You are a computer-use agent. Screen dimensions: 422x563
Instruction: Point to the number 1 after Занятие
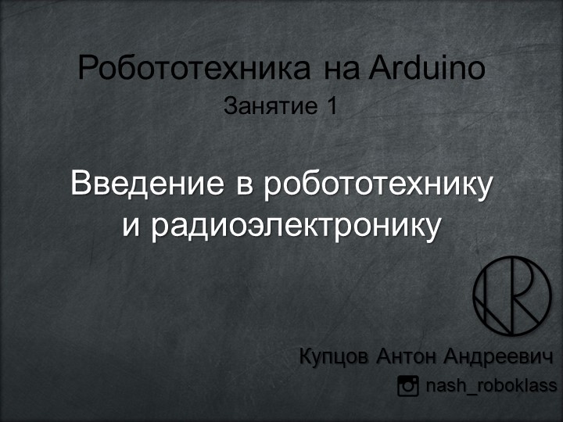click(332, 105)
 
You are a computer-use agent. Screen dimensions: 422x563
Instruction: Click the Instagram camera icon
click(408, 385)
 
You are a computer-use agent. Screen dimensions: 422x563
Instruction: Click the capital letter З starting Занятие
click(230, 105)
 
